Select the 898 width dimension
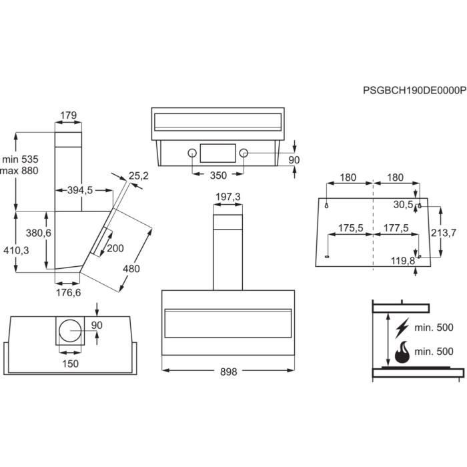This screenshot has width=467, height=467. point(228,372)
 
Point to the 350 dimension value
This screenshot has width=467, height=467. point(218,175)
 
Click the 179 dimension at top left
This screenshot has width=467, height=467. point(68,115)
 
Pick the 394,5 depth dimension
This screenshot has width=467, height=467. point(79,190)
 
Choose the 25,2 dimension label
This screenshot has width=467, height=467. point(138,176)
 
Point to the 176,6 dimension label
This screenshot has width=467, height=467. point(67,292)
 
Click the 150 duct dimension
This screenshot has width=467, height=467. point(70,364)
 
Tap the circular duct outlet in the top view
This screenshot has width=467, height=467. point(70,331)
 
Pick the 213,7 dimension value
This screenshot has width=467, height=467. point(444,233)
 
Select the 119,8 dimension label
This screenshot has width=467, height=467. point(404,260)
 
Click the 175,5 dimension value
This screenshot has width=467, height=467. point(350,228)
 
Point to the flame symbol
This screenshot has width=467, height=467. point(402,352)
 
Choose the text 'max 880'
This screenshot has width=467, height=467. point(21,171)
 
